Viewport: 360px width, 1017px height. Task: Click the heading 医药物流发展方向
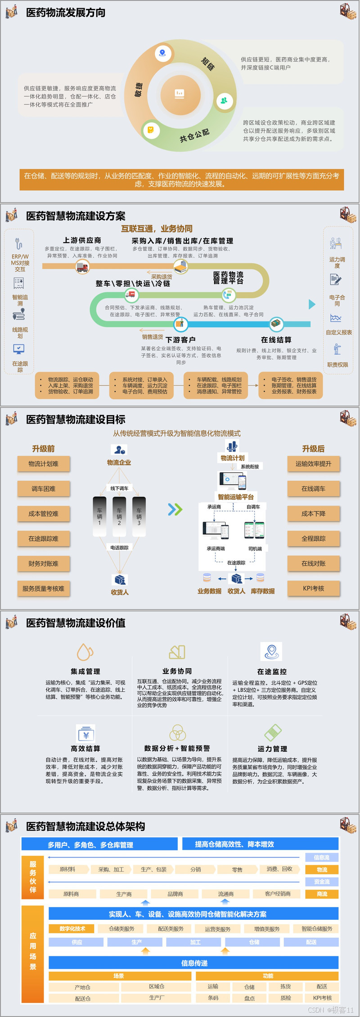pos(66,13)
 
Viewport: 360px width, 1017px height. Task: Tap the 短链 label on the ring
pos(208,64)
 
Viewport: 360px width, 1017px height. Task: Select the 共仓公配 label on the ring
pos(194,135)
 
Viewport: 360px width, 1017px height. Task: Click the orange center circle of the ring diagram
pos(180,94)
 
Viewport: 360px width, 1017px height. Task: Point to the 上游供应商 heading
pos(82,240)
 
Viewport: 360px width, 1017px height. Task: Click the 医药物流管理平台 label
pos(228,277)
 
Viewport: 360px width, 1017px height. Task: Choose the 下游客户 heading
pos(180,340)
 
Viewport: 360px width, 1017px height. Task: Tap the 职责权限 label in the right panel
pos(337,365)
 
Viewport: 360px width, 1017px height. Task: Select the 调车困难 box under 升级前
pos(44,489)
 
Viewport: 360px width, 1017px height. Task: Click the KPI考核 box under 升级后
pos(314,588)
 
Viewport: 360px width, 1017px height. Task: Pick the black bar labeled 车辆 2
pos(119,517)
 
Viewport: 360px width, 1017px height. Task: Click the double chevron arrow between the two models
pos(175,509)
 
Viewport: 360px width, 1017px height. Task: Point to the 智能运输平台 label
pos(236,497)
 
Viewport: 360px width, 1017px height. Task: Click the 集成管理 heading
pos(85,671)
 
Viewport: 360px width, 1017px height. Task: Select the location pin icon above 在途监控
pos(271,651)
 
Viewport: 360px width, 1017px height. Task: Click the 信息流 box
pos(322,858)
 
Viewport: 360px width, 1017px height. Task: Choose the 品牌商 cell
pos(175,894)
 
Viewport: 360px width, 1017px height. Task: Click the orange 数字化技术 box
pos(72,928)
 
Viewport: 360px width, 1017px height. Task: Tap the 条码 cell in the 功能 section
pos(213,998)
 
